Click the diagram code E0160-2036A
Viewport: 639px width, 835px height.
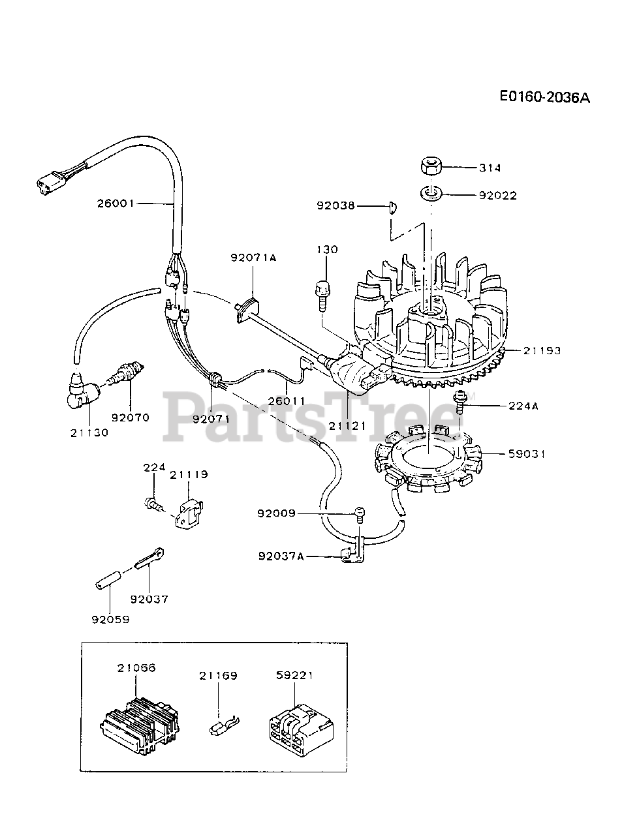point(544,97)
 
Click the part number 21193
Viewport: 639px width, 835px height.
point(541,351)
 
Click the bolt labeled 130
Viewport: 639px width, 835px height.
point(323,288)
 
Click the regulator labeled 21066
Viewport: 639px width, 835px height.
point(138,722)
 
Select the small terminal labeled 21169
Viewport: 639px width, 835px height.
point(223,725)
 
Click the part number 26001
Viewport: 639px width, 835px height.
point(116,203)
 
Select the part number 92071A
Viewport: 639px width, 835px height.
point(253,258)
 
